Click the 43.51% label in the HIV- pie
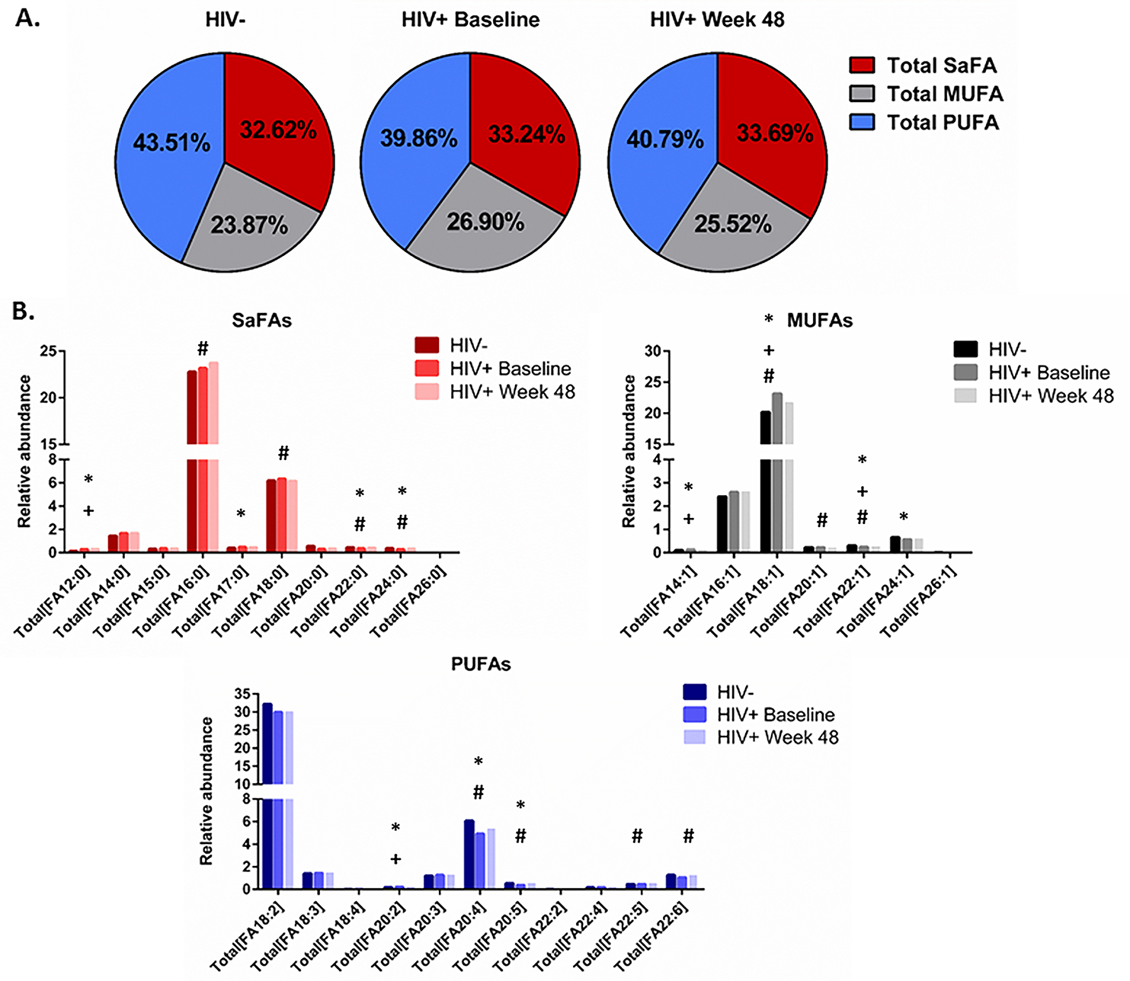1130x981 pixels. [x=171, y=142]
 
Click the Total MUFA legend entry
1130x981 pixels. [x=944, y=94]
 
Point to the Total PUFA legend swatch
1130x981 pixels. [x=862, y=122]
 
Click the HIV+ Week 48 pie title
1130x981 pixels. [x=717, y=20]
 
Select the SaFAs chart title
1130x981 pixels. [x=262, y=321]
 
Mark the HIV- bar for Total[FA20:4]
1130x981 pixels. [x=469, y=854]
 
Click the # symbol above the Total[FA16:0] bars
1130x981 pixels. [x=203, y=349]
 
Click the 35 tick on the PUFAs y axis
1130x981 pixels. [x=243, y=694]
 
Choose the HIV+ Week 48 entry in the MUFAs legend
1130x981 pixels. [x=1051, y=396]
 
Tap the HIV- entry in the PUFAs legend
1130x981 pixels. [x=735, y=692]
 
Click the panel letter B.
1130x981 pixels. [x=24, y=312]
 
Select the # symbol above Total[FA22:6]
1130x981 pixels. [x=688, y=836]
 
